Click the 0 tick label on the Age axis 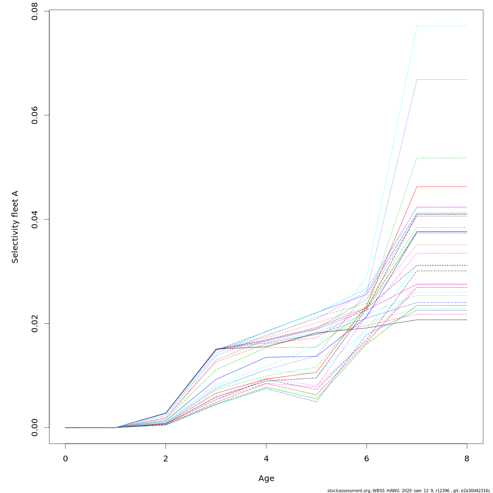65,458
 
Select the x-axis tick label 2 166,458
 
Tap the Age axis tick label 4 266,458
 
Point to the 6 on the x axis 366,458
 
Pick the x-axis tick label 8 467,458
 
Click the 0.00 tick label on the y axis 35,427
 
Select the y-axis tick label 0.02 35,323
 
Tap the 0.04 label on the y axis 35,219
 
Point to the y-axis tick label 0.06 35,115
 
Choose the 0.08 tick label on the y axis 35,12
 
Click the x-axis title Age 266,479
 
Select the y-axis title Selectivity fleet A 15,227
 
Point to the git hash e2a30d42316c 476,491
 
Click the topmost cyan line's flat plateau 442,26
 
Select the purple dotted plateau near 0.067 442,79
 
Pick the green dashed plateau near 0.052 442,158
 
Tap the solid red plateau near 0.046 442,187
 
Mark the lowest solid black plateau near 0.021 442,320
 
